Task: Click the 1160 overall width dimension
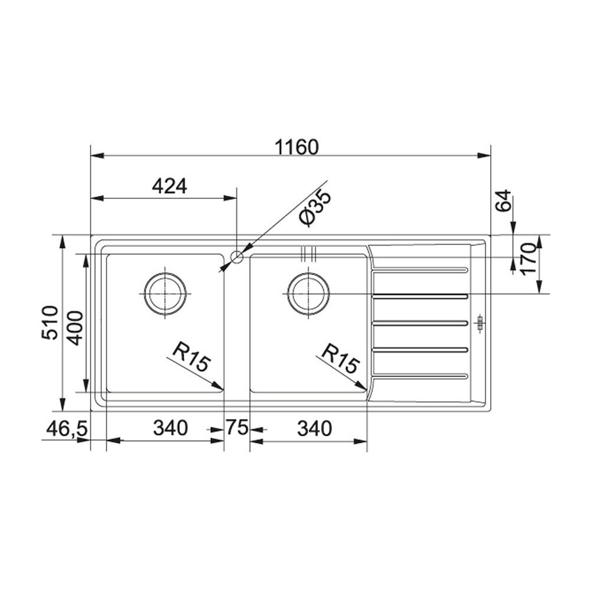[x=290, y=146]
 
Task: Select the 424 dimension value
[x=169, y=187]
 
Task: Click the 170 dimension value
[x=528, y=260]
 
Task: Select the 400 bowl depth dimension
[x=74, y=328]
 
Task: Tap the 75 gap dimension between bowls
[x=236, y=428]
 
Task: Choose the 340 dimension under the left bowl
[x=170, y=428]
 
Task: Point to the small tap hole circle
[x=237, y=257]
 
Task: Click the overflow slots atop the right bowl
[x=308, y=253]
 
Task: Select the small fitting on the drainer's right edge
[x=480, y=323]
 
